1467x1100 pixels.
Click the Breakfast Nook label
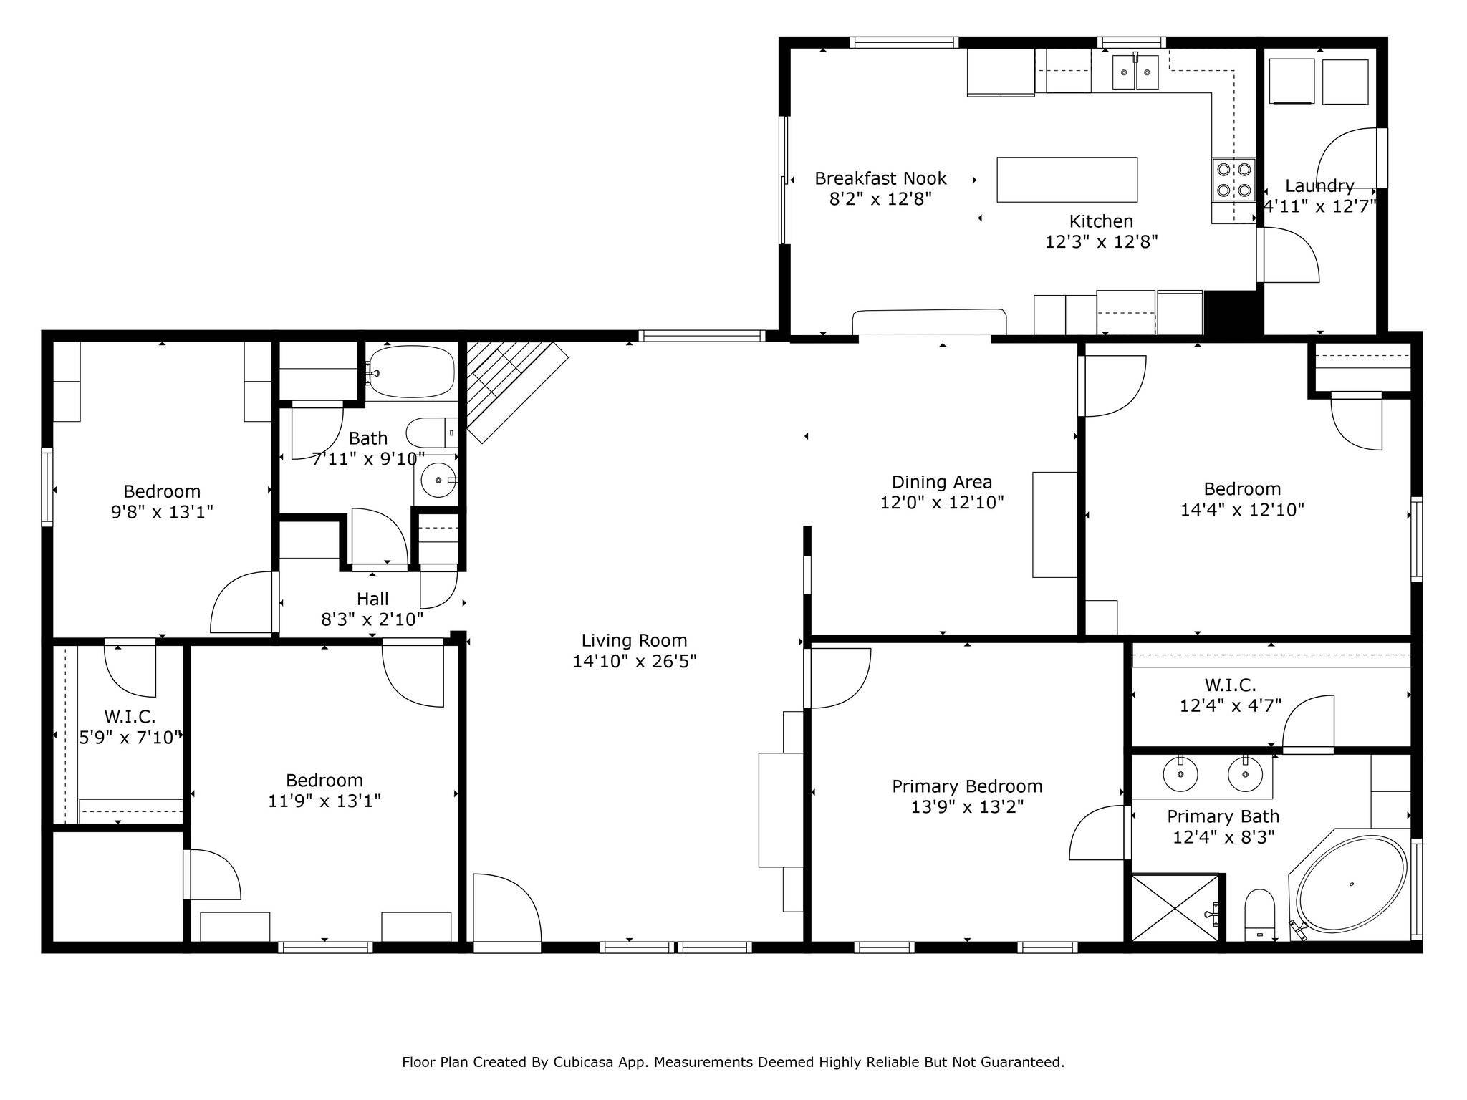tap(880, 178)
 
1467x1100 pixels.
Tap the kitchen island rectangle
tap(1067, 180)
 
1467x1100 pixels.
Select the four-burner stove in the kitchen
tap(1233, 179)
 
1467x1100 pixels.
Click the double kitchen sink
tap(1135, 72)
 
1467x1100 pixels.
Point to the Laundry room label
tap(1319, 186)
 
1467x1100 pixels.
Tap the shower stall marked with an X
tap(1175, 907)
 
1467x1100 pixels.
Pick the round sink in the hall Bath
tap(438, 480)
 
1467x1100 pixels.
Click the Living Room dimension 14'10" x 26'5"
tap(635, 661)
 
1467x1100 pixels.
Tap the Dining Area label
tap(942, 482)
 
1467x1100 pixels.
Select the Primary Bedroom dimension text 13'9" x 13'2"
tap(967, 807)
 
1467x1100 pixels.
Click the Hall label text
tap(372, 599)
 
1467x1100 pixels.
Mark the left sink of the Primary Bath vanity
tap(1180, 773)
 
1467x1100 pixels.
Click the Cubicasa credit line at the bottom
tap(733, 1062)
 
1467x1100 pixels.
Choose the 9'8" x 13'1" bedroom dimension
tap(162, 512)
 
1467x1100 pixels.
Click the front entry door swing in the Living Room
tap(507, 907)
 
